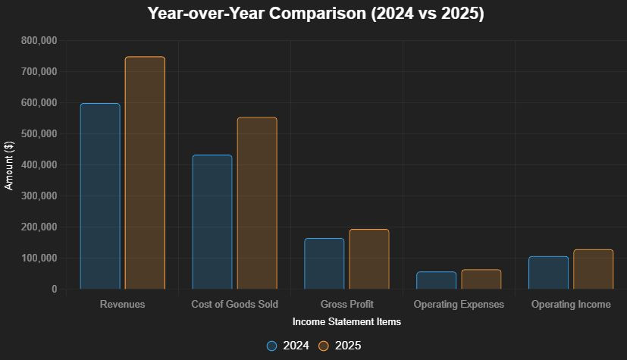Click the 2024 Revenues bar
tap(100, 196)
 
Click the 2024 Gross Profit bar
tap(324, 264)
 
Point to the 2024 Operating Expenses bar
tap(437, 280)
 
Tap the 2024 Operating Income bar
tap(549, 273)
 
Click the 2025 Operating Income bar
tap(594, 269)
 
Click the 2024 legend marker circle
tap(272, 346)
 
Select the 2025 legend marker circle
tap(324, 346)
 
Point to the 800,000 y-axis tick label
tap(39, 40)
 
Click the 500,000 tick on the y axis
tap(39, 133)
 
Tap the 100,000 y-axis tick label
tap(39, 258)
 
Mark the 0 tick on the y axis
tap(54, 289)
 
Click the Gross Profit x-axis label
tap(346, 305)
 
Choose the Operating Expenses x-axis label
tap(459, 305)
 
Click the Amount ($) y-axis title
tap(10, 164)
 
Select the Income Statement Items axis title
tap(346, 322)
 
